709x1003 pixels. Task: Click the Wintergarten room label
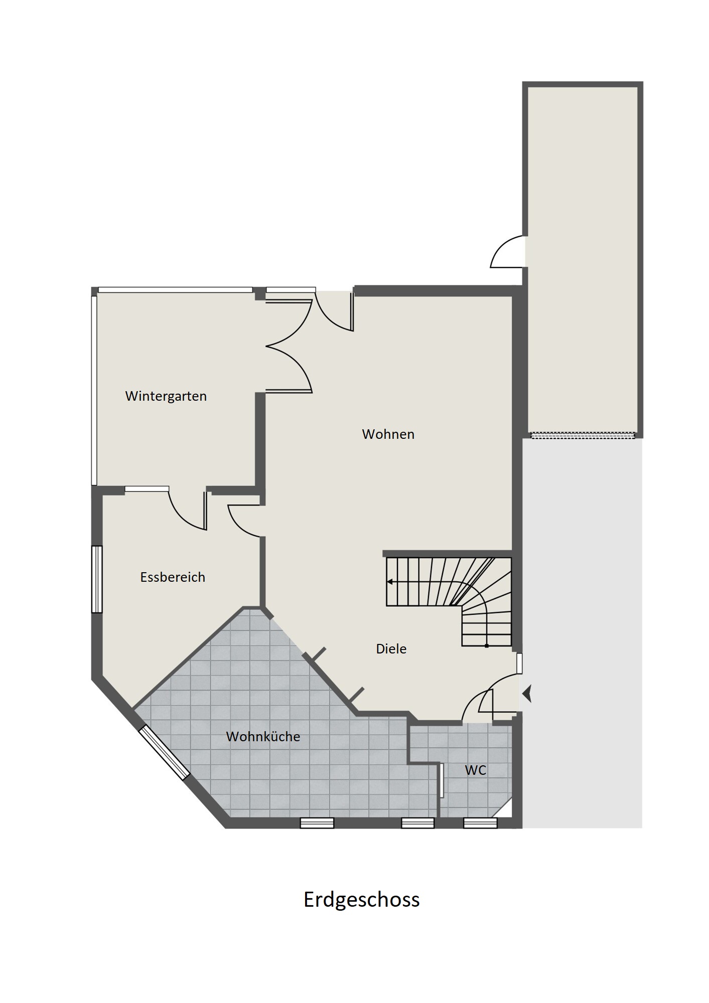click(166, 396)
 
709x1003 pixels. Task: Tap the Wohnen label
click(388, 434)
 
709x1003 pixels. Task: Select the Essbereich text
click(173, 577)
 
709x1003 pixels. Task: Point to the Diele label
click(391, 649)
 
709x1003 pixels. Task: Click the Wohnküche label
click(263, 737)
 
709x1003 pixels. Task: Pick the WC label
click(476, 770)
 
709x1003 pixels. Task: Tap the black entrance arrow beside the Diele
click(527, 694)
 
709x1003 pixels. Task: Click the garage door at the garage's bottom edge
click(583, 435)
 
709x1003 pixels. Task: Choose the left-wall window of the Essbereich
click(97, 579)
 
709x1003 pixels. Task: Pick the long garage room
click(583, 259)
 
